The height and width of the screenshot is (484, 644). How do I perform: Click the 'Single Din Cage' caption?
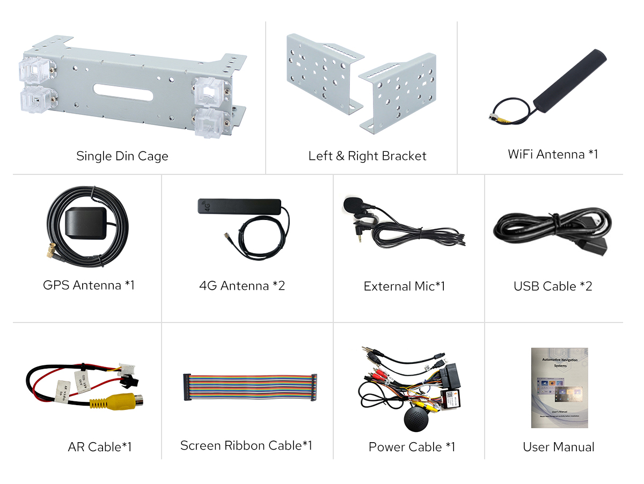122,156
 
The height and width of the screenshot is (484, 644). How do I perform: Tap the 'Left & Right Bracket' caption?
367,156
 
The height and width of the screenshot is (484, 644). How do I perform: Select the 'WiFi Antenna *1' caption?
553,155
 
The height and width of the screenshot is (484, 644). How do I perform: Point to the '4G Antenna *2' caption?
241,286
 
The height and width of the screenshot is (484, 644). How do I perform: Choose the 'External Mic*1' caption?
404,287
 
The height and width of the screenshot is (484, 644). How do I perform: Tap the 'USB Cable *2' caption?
553,287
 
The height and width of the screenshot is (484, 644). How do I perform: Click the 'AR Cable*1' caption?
100,447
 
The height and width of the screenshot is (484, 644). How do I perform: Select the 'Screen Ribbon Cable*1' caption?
246,445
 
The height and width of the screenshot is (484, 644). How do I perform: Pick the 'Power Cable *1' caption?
412,447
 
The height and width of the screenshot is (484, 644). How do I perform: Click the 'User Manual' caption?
558,447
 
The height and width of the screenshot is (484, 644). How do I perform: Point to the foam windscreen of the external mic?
353,204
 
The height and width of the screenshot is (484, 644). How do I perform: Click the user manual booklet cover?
559,387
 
